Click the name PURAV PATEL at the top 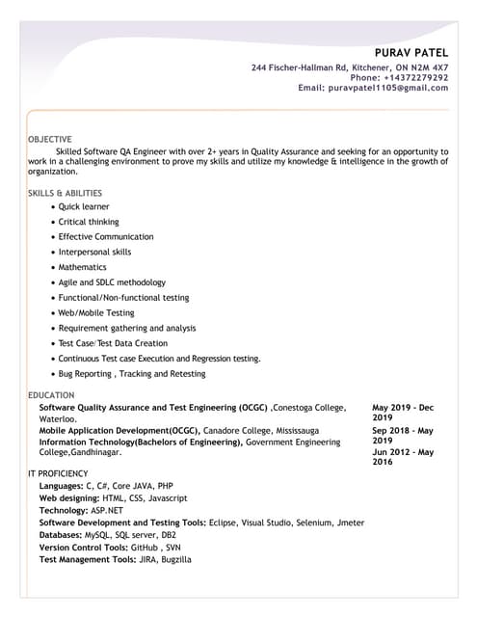tap(411, 51)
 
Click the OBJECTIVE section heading tap(50, 140)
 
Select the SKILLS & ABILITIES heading tap(65, 193)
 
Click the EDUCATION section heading tap(51, 396)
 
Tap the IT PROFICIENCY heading tap(58, 473)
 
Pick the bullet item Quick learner tap(84, 207)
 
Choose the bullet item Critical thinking tap(89, 222)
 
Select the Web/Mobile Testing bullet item tap(96, 312)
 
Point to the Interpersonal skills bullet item tap(94, 252)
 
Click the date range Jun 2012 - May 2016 tap(403, 457)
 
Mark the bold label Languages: tap(61, 486)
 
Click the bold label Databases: tap(61, 534)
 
